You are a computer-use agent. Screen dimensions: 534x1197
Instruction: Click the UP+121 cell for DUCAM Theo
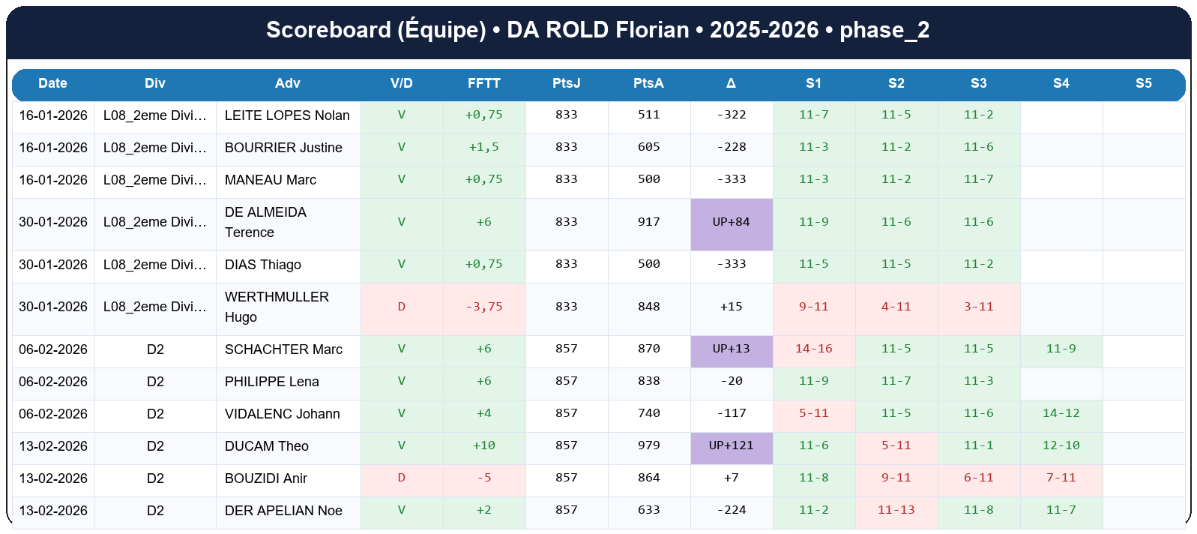point(731,445)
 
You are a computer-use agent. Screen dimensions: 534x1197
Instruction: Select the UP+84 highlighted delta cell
point(731,222)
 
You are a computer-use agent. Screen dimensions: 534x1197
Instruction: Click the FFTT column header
point(483,83)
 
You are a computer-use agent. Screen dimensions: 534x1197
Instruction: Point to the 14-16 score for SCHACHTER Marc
point(813,349)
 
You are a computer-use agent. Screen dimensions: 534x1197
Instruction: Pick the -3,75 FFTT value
point(483,307)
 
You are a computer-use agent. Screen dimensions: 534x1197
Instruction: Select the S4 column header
point(1061,83)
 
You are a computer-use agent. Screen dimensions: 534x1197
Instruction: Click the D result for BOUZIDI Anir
point(401,478)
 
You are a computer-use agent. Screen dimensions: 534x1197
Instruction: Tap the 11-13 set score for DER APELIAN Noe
point(896,510)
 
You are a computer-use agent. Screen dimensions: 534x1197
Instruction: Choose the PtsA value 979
point(648,445)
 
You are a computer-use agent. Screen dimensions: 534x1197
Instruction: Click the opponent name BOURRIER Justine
point(283,148)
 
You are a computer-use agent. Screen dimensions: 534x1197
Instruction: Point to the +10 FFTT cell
point(483,445)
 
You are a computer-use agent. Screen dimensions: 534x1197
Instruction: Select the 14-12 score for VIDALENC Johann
point(1061,413)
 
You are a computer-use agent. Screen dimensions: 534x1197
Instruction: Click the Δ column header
point(731,83)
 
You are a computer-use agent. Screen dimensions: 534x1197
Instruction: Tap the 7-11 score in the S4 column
point(1061,478)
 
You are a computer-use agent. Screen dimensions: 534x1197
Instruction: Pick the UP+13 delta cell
point(731,349)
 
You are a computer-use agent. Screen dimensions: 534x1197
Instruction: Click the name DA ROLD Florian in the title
point(597,30)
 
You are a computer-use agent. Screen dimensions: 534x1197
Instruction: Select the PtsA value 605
point(648,147)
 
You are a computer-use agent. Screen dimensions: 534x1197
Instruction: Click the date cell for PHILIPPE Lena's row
point(53,382)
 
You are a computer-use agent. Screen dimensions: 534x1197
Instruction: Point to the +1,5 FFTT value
point(483,147)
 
